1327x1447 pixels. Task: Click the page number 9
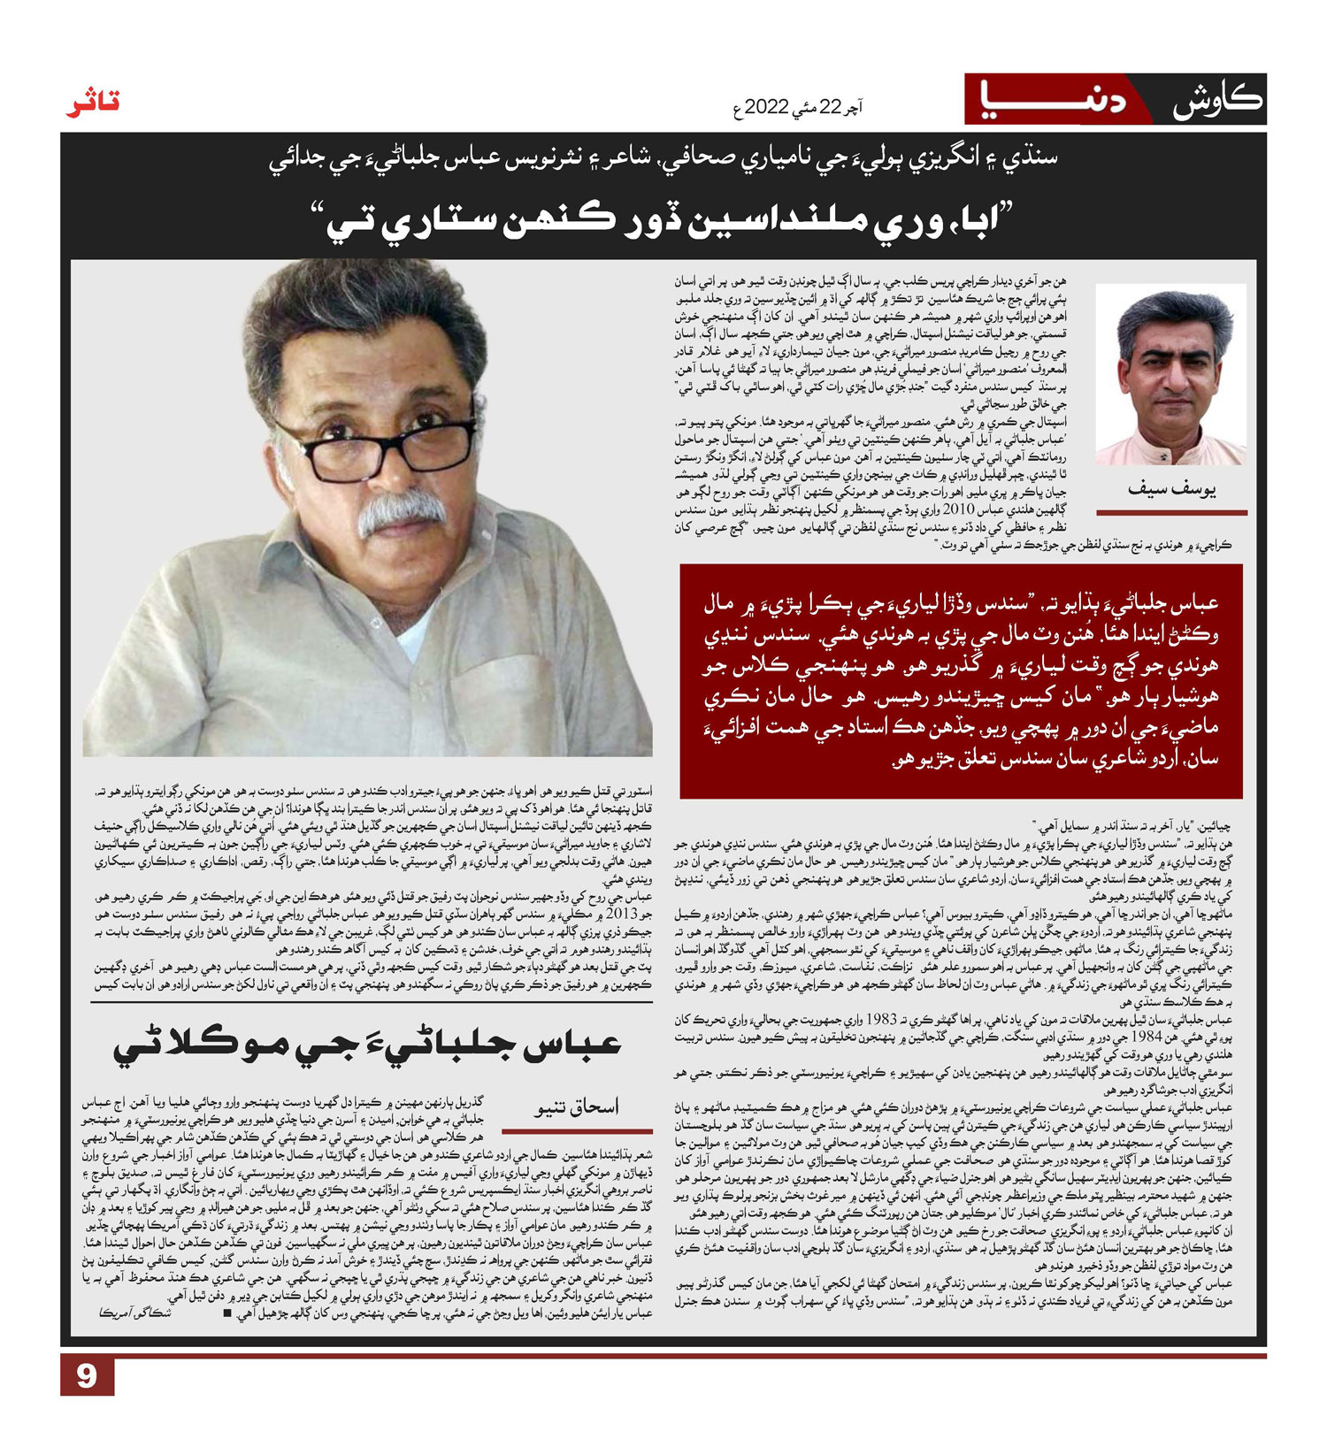[87, 1376]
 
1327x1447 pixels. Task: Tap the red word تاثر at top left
[93, 103]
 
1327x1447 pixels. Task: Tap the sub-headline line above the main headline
[663, 159]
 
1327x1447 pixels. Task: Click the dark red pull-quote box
[961, 680]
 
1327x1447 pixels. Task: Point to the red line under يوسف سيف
[1171, 512]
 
